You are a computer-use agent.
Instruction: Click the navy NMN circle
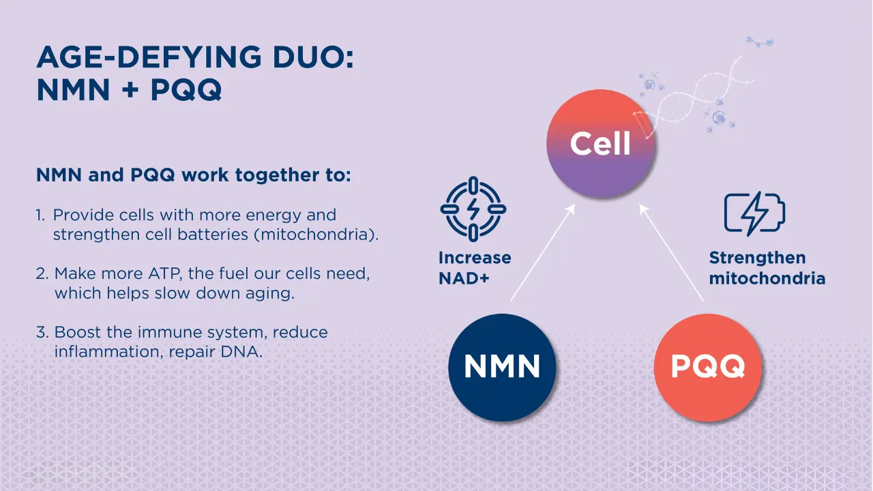pyautogui.click(x=502, y=367)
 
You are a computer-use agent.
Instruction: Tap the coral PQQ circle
pyautogui.click(x=708, y=367)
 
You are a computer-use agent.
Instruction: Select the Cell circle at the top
pyautogui.click(x=601, y=143)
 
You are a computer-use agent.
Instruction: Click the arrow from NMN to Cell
pyautogui.click(x=543, y=252)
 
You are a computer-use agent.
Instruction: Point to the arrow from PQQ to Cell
pyautogui.click(x=672, y=252)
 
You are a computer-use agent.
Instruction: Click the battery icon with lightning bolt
pyautogui.click(x=754, y=213)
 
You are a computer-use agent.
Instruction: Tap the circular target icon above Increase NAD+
pyautogui.click(x=473, y=209)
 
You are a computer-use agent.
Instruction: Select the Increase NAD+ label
pyautogui.click(x=475, y=268)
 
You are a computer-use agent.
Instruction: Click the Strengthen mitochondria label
pyautogui.click(x=767, y=268)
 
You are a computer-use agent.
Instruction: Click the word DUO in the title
pyautogui.click(x=313, y=57)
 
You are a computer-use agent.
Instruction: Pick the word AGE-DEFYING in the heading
pyautogui.click(x=149, y=57)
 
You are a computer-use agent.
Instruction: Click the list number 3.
pyautogui.click(x=42, y=332)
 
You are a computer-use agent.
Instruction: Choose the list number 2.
pyautogui.click(x=42, y=273)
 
